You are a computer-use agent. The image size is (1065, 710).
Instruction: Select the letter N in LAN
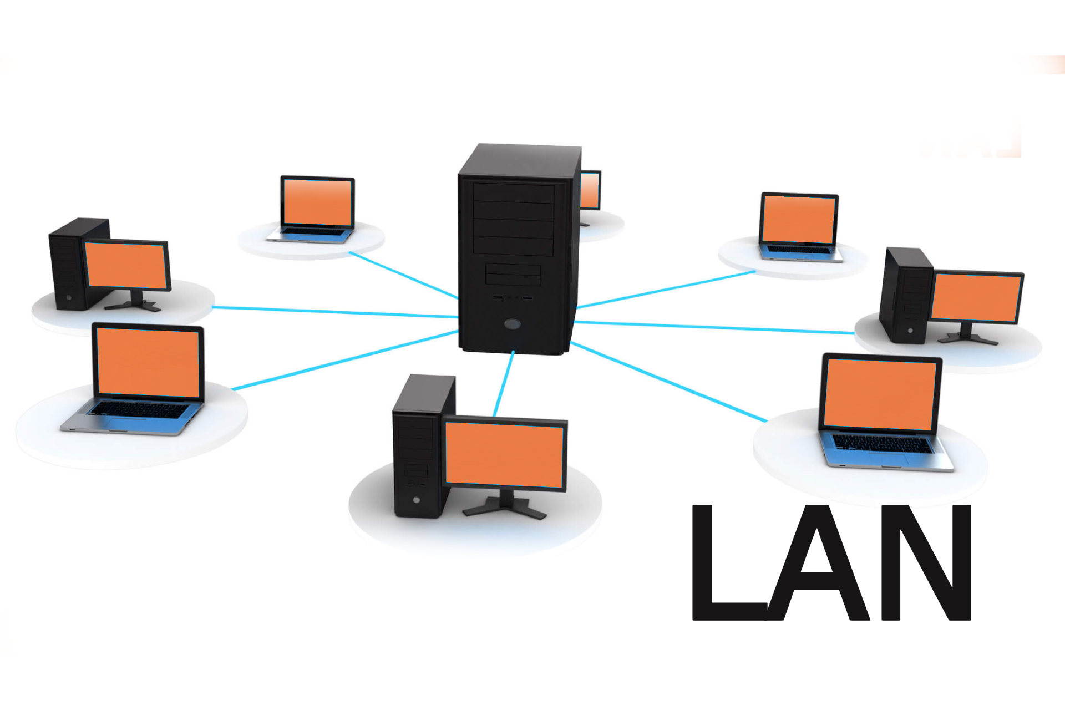pos(926,563)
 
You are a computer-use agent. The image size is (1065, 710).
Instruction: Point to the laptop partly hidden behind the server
pos(590,191)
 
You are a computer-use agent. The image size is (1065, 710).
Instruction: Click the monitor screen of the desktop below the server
pos(504,454)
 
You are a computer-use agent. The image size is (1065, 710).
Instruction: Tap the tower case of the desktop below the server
pos(416,449)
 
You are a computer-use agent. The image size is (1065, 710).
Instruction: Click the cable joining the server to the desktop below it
pos(504,383)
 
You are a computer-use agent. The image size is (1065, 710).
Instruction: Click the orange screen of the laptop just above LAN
pos(880,394)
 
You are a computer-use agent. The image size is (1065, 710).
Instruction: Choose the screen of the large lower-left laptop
pos(148,362)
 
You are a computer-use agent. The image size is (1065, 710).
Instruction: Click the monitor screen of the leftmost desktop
pos(127,265)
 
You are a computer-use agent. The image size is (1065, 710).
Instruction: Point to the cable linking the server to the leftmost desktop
pos(333,312)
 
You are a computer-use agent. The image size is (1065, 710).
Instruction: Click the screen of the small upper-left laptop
pos(317,202)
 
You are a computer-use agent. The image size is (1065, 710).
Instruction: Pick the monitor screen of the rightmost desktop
pos(976,298)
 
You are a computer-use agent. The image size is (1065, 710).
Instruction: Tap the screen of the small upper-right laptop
pos(799,219)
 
